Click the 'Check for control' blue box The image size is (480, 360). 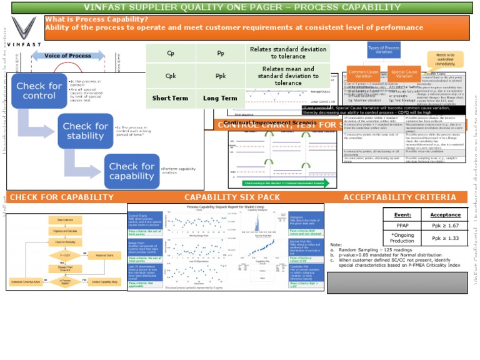[x=39, y=91]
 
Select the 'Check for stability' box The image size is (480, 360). [x=85, y=131]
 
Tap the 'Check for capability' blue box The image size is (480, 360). [x=131, y=171]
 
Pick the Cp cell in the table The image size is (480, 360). [x=171, y=53]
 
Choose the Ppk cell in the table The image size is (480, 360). [x=220, y=76]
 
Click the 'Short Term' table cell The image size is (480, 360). [x=171, y=98]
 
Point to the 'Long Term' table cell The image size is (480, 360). [x=220, y=98]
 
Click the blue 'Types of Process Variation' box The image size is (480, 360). [x=384, y=51]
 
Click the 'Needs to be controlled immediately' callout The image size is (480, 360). [x=445, y=59]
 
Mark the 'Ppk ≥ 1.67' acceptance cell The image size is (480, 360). [x=445, y=226]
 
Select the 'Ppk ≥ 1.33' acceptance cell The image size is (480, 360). [x=445, y=239]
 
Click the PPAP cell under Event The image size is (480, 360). [x=402, y=226]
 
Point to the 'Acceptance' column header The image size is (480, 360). [x=445, y=214]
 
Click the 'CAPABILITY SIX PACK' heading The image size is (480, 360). [x=232, y=197]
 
